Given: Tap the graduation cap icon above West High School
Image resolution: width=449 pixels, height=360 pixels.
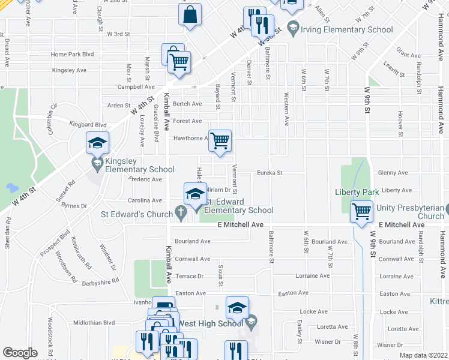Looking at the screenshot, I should pyautogui.click(x=237, y=308).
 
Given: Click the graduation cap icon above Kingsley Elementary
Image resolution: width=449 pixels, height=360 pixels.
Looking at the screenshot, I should pyautogui.click(x=97, y=143).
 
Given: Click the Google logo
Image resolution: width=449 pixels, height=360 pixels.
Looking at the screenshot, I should pyautogui.click(x=20, y=353).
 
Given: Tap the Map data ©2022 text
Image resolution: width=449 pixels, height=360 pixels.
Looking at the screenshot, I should pyautogui.click(x=415, y=355).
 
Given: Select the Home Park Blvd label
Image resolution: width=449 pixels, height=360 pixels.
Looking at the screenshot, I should pyautogui.click(x=73, y=54).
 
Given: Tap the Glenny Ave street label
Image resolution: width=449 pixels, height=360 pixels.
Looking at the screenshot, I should pyautogui.click(x=393, y=173).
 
